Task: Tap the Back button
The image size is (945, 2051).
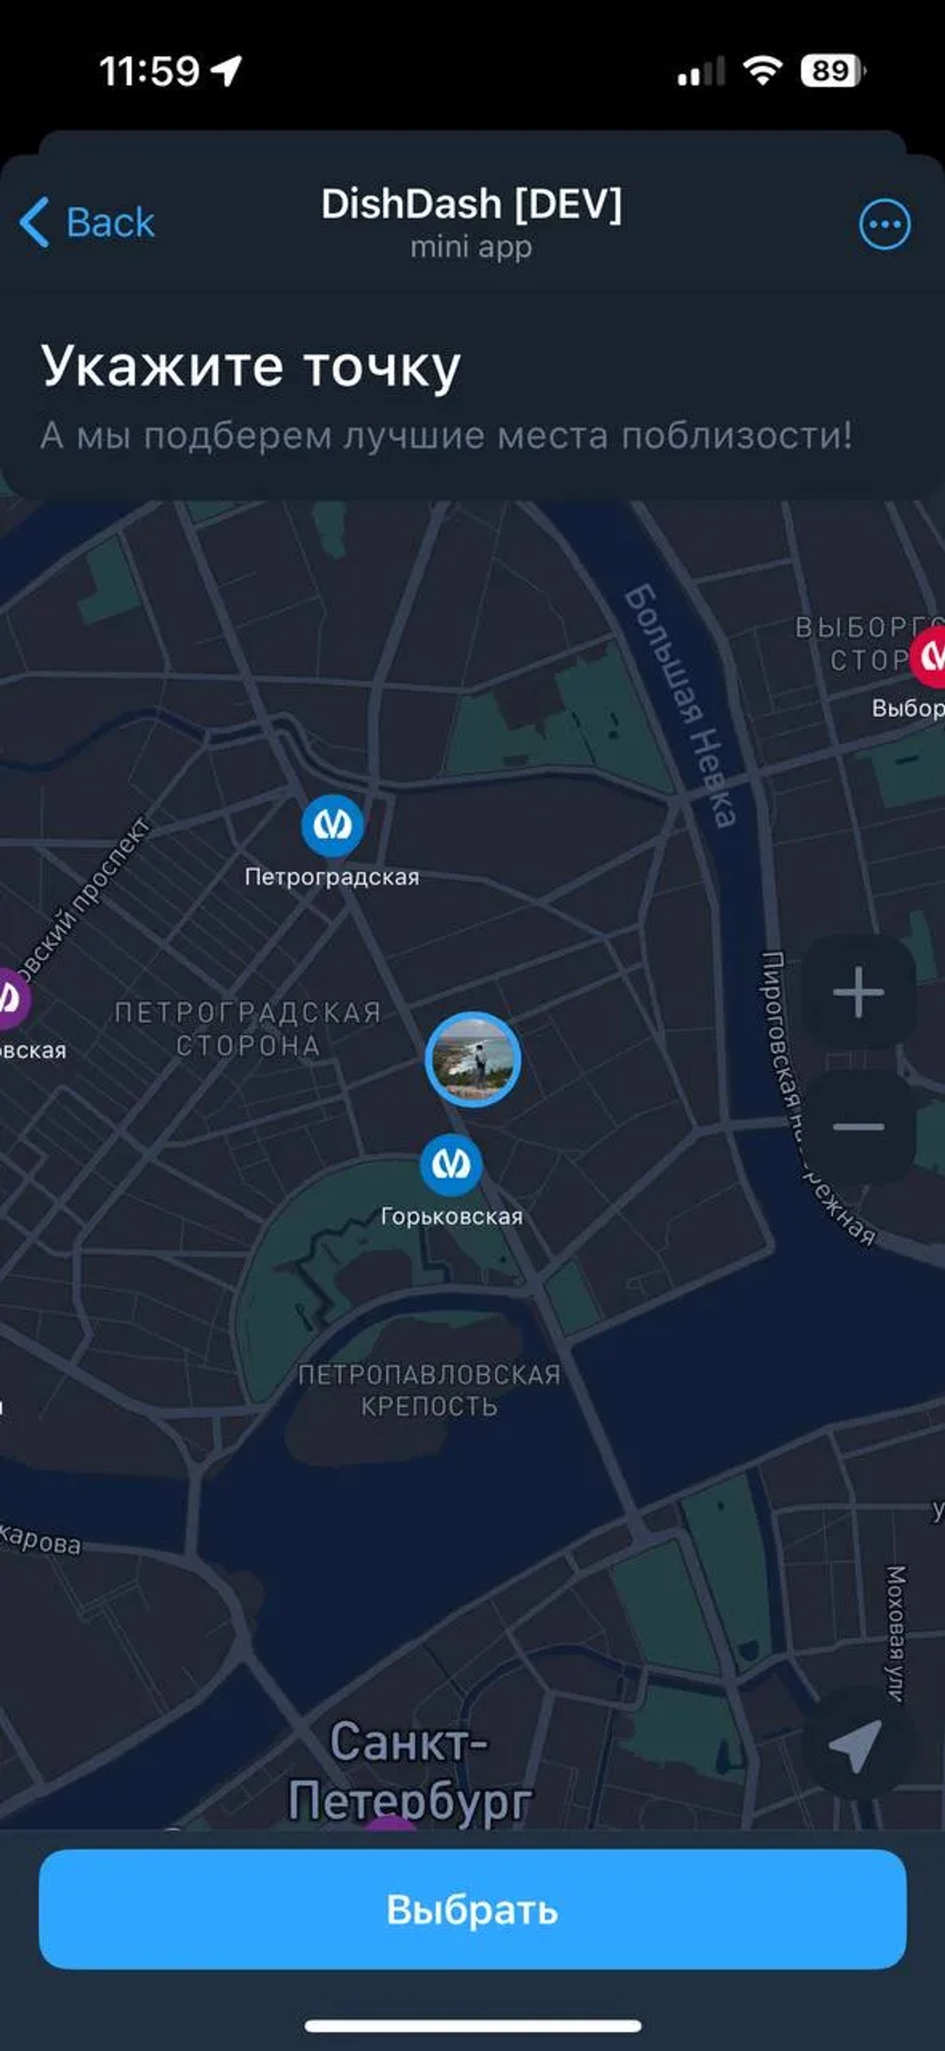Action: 87,222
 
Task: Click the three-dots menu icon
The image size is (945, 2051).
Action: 885,225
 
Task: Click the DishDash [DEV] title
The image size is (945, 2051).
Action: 471,204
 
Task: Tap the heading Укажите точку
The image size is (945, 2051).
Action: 251,367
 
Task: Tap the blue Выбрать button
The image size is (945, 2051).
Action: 472,1909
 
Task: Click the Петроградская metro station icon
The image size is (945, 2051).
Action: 332,825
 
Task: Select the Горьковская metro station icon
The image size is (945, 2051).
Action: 451,1165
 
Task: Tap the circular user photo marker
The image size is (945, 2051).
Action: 473,1059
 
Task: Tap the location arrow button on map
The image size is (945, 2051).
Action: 856,1747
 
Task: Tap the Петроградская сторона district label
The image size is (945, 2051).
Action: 247,1029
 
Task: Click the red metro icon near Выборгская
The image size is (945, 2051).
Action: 930,656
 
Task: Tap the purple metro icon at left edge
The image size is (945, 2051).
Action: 11,997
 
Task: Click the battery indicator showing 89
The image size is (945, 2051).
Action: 831,71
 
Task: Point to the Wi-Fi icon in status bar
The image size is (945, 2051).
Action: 762,71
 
